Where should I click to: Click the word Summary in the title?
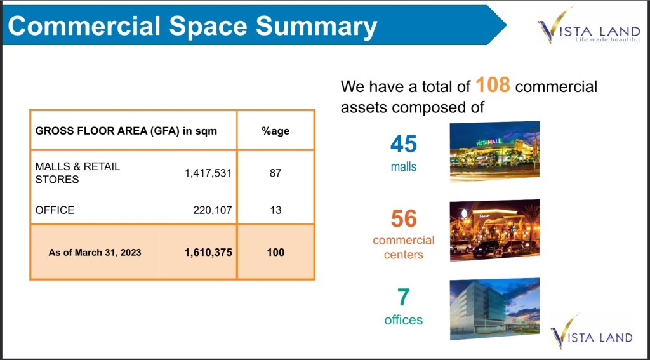tap(316, 26)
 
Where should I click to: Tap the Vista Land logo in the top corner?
tap(588, 25)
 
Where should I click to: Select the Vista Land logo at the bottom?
tap(592, 332)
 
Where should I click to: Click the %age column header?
tap(275, 131)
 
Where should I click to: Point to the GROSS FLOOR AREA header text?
tap(126, 131)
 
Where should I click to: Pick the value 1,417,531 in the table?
tap(208, 173)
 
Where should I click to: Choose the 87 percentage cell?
tap(275, 173)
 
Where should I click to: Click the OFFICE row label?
tap(55, 210)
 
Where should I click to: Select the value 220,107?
tap(212, 210)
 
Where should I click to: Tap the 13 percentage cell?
tap(275, 210)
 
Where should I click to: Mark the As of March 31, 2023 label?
tap(95, 252)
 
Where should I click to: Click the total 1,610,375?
tap(208, 252)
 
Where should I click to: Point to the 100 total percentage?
tap(275, 252)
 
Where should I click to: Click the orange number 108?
tap(493, 85)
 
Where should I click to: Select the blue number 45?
tap(403, 144)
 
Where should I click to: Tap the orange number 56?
tap(404, 218)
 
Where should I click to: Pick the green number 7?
tap(403, 297)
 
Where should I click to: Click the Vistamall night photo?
tap(494, 151)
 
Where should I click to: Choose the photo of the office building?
tap(494, 309)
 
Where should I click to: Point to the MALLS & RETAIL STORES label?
tap(77, 173)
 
